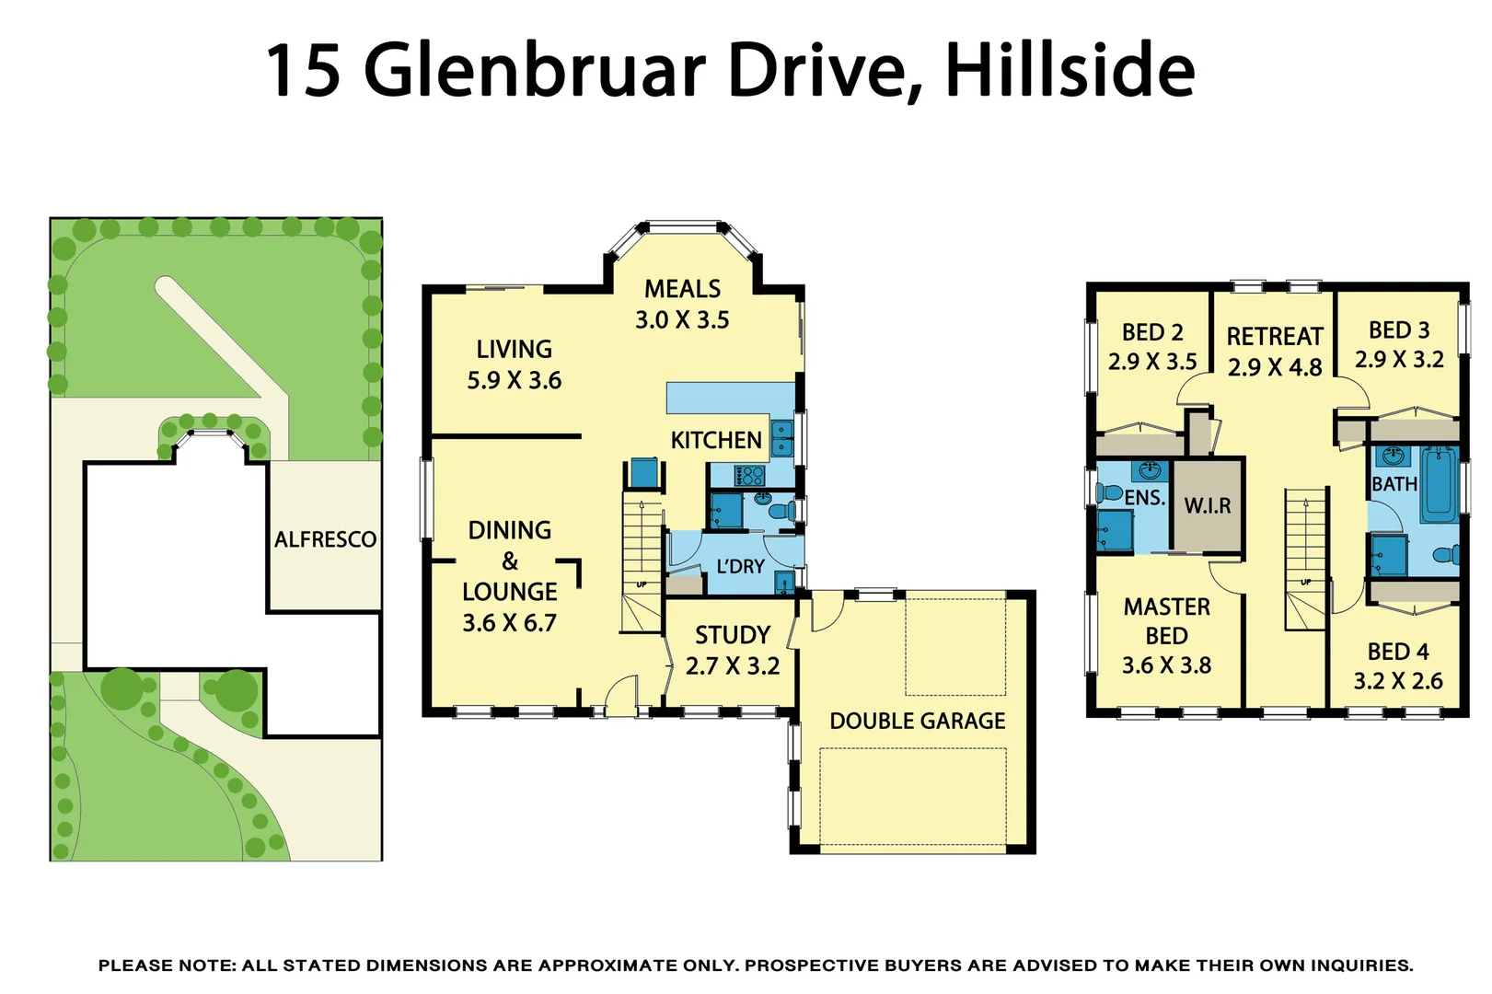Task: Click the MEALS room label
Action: [682, 289]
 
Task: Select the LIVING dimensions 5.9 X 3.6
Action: [514, 380]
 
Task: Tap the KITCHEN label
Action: [715, 440]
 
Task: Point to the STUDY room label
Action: [732, 635]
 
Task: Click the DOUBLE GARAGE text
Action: [917, 721]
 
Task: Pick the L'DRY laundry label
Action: [740, 566]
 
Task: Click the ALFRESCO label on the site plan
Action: [325, 539]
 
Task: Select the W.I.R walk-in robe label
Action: [1207, 505]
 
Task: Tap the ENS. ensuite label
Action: [1144, 498]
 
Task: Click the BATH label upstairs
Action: [1394, 483]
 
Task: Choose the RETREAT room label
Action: [1275, 337]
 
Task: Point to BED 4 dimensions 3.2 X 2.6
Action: [1397, 681]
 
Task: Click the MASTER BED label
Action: [1166, 621]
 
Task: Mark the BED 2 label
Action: [1152, 332]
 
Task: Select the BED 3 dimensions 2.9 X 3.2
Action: [1398, 359]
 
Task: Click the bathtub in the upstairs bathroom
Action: [1439, 483]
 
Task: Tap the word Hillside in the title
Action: [1070, 71]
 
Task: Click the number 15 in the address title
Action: [304, 71]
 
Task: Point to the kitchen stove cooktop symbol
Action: [749, 475]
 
